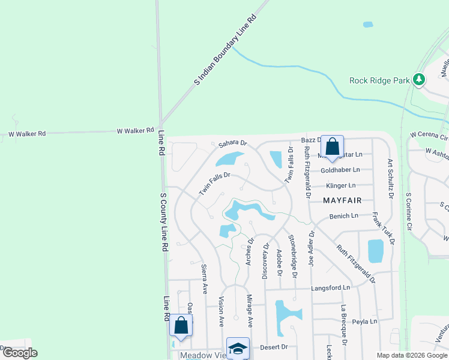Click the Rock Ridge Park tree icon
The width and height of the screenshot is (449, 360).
(420, 79)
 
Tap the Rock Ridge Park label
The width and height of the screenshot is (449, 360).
(380, 80)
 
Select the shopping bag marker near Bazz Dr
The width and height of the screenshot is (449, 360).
(332, 147)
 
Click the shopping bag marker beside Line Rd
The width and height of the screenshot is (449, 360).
(181, 326)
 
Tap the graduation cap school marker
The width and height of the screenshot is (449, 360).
(238, 349)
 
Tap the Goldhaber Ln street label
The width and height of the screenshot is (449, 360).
(340, 170)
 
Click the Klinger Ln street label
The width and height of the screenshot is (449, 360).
(340, 186)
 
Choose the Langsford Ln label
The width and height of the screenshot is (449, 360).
(330, 289)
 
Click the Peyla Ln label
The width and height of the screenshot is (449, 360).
(365, 322)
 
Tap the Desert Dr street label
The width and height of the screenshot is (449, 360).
(274, 347)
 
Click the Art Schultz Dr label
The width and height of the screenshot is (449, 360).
(390, 178)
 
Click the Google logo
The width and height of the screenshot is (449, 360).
(20, 353)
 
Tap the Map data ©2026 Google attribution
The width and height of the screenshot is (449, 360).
(412, 355)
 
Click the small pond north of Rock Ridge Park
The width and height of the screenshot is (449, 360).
(367, 25)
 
